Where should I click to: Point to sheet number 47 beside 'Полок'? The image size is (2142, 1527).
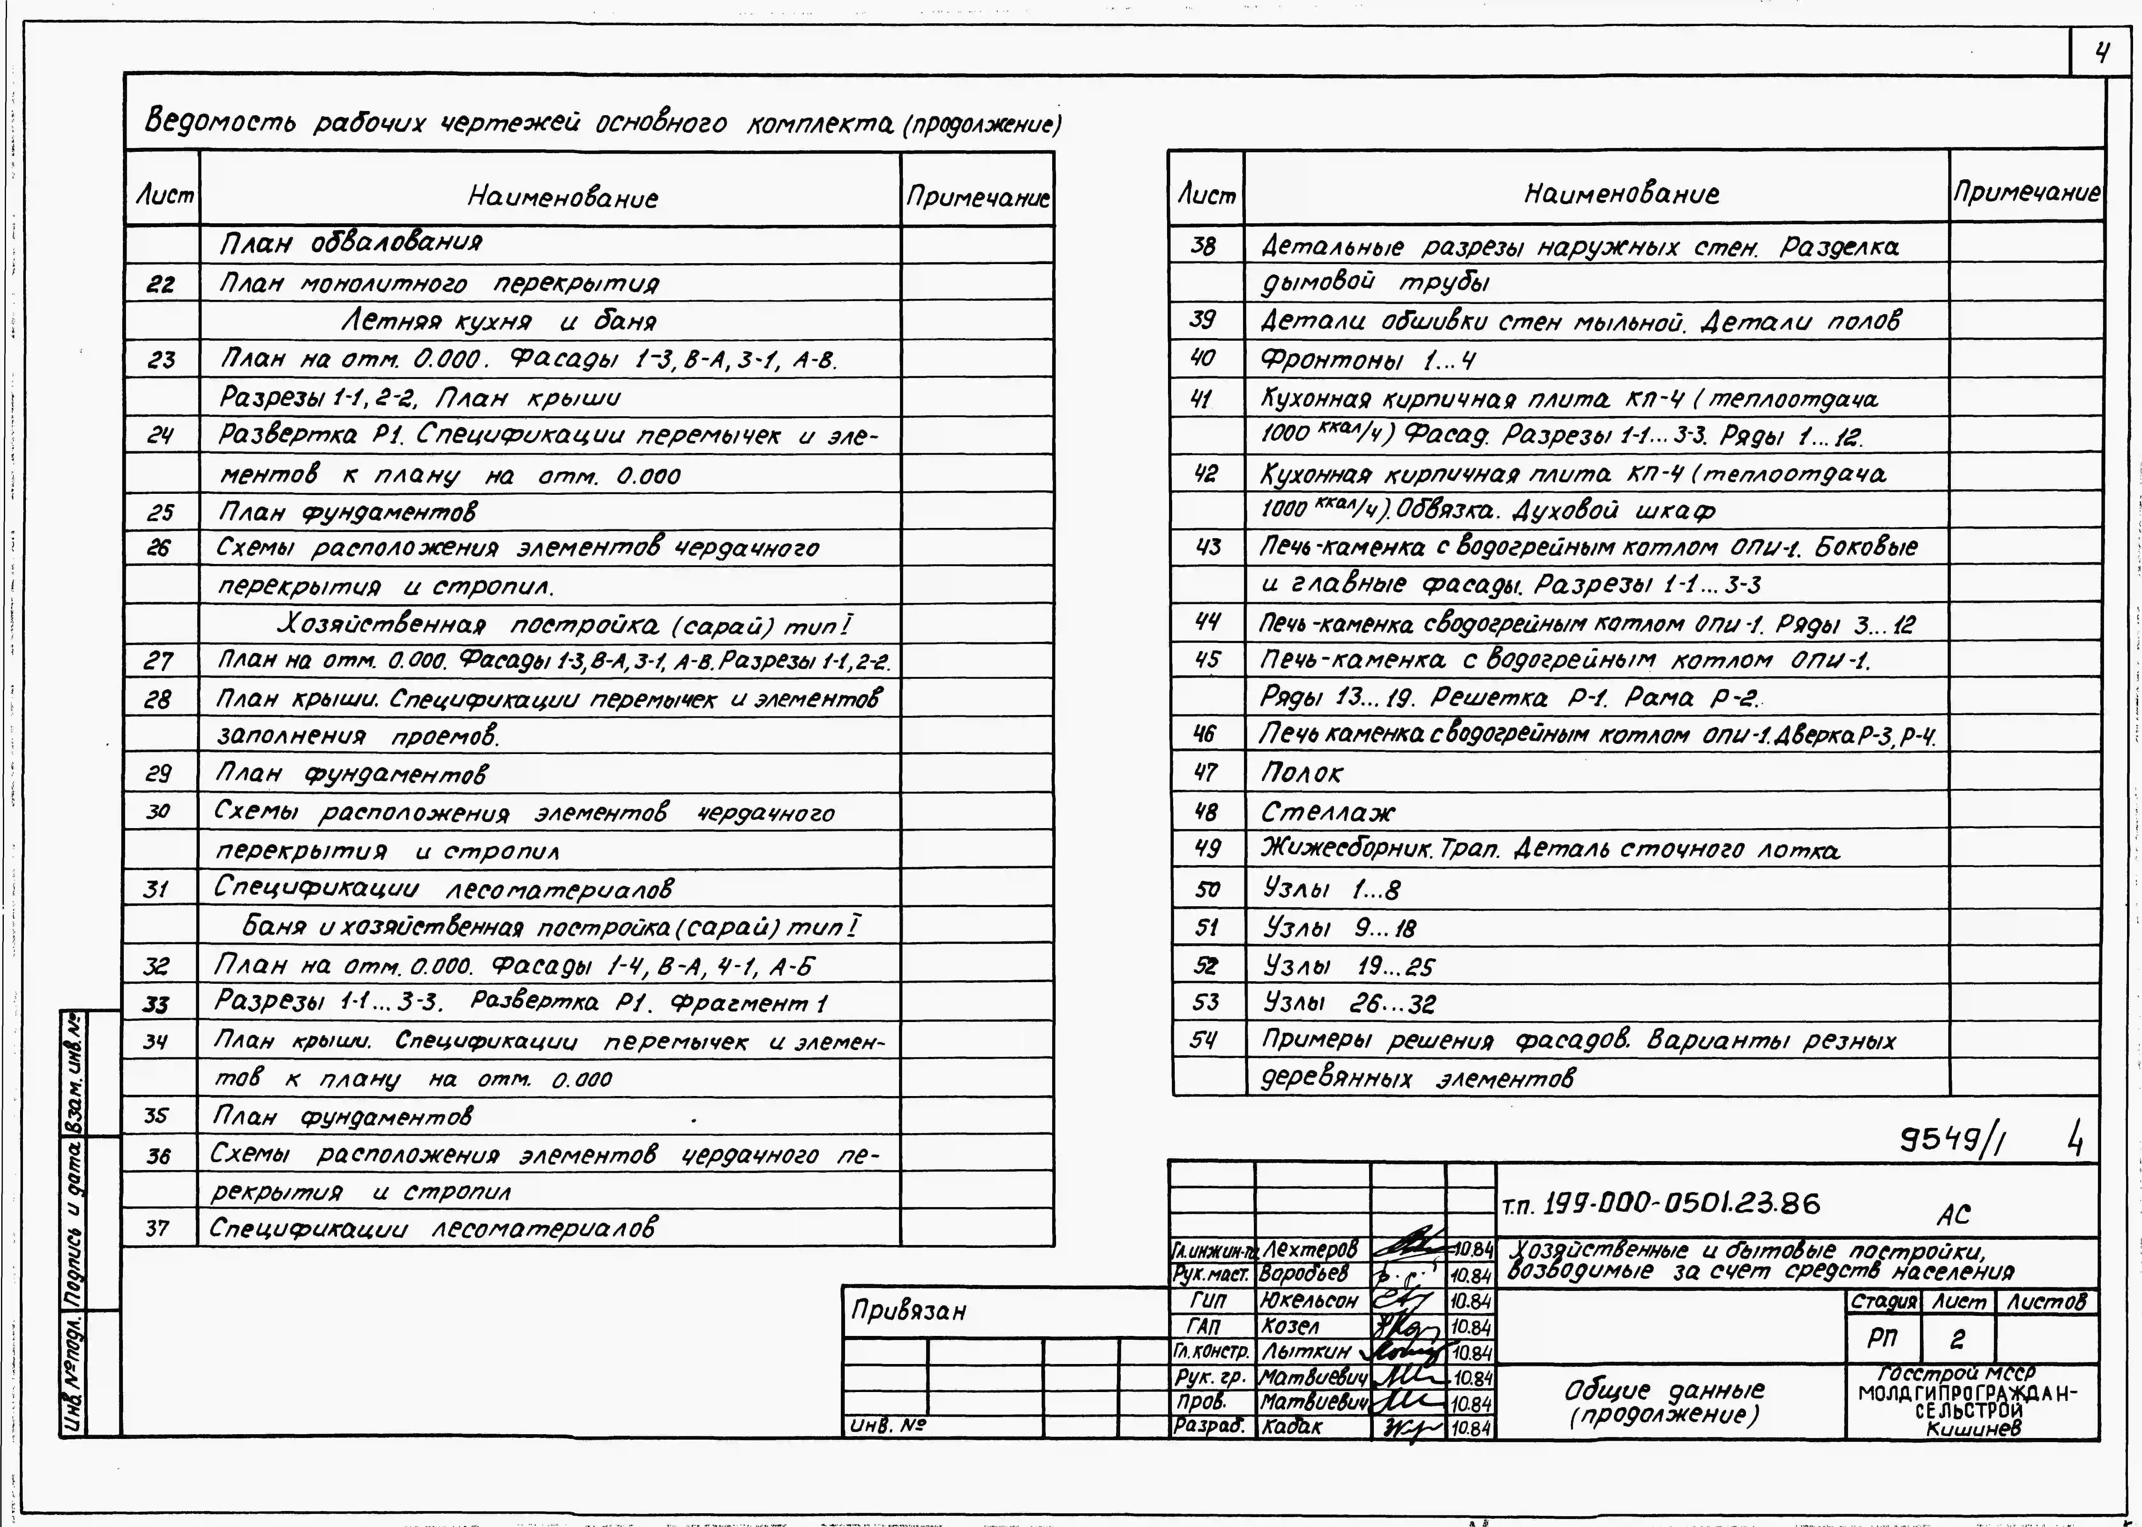(x=1206, y=773)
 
